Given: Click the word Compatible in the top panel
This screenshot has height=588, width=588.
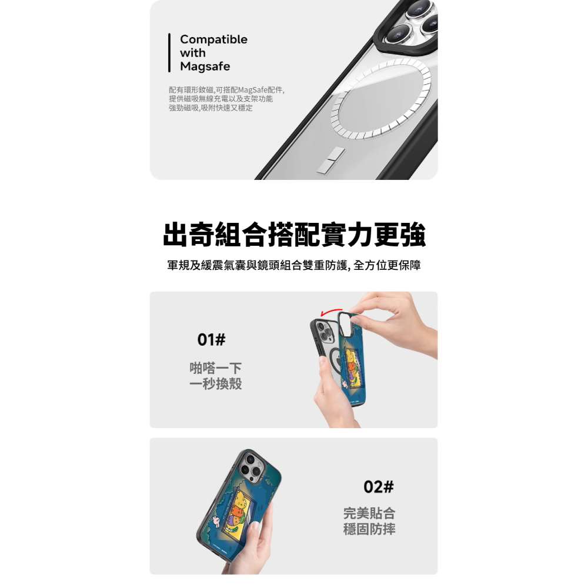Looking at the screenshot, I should click(213, 39).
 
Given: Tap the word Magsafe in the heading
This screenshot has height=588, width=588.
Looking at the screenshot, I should click(205, 66).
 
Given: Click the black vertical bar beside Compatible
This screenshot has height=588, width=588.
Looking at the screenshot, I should click(169, 53).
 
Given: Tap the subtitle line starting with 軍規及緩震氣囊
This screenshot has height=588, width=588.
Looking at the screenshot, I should click(294, 266).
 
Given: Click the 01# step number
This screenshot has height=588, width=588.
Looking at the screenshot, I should click(212, 340).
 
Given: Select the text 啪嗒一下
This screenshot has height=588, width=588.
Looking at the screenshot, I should click(216, 369).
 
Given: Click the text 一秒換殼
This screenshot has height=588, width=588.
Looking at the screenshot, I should click(216, 385).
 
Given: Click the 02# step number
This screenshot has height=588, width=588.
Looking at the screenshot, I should click(379, 487).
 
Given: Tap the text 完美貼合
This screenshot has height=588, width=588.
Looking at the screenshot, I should click(369, 513).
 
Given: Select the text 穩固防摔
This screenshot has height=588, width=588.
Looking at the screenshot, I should click(369, 529).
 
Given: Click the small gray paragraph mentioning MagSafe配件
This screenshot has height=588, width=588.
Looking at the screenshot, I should click(226, 99).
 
